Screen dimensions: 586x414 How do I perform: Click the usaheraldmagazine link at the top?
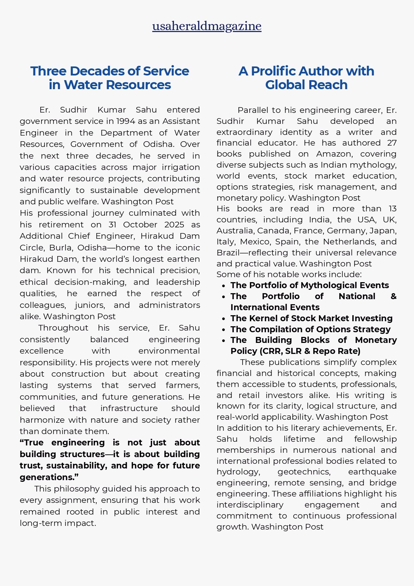coord(207,26)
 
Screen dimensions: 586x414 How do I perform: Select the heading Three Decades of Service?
coord(109,71)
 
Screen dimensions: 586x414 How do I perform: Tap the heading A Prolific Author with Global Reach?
coord(306,78)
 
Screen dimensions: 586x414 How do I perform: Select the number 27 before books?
coord(392,143)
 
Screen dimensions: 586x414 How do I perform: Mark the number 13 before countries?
coord(392,209)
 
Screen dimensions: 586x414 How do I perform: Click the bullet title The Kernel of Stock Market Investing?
coord(311,318)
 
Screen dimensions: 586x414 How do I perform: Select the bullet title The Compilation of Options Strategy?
coord(310,329)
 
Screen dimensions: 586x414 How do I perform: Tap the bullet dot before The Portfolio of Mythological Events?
coord(224,286)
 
